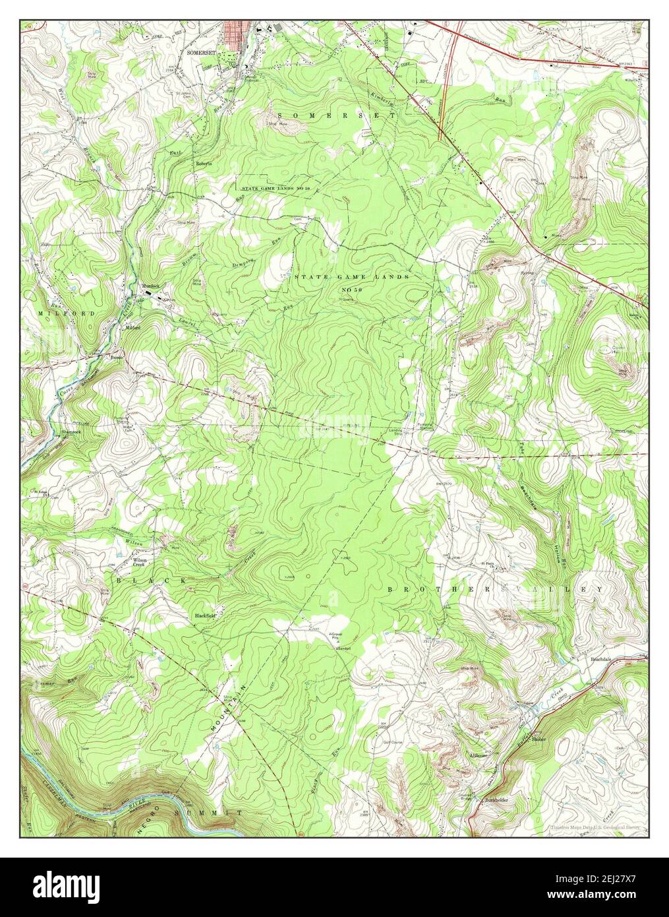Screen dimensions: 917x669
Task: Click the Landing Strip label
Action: [x=394, y=432]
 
